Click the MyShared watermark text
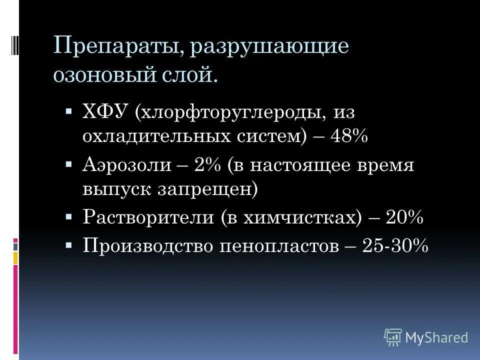436,337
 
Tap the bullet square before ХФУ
69,109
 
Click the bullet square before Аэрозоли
69,164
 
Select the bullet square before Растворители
69,217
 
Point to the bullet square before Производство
69,245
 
